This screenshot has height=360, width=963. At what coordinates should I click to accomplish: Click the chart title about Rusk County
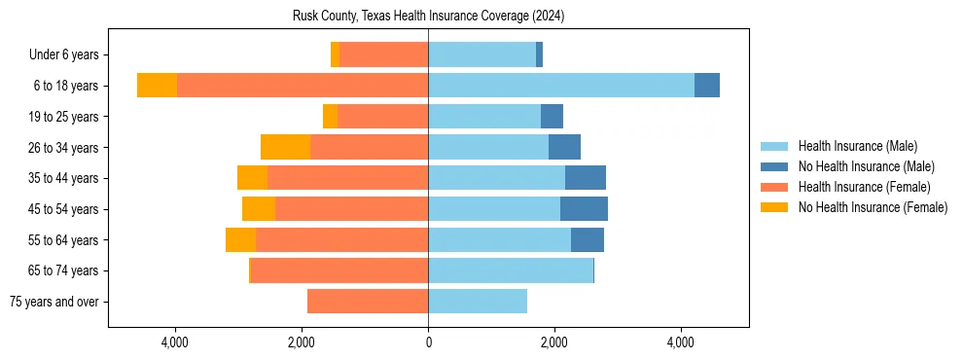tap(428, 17)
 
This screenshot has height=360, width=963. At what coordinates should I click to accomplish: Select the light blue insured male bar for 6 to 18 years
tap(561, 86)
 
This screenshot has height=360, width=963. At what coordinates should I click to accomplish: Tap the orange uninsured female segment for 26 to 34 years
tap(285, 147)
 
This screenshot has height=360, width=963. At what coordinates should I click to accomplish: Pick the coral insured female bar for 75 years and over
tap(368, 302)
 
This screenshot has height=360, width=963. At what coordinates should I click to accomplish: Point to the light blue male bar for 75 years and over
tap(478, 302)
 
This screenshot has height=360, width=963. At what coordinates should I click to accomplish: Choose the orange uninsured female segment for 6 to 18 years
tap(157, 86)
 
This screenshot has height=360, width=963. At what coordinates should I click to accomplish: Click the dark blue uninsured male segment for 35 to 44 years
tap(586, 178)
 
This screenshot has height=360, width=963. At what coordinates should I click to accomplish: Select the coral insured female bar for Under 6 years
tap(384, 54)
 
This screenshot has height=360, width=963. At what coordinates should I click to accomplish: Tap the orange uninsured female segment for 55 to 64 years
tap(240, 240)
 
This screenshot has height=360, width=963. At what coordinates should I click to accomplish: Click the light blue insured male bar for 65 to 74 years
tap(511, 270)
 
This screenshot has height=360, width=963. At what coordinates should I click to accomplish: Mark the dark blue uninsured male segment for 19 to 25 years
tap(552, 117)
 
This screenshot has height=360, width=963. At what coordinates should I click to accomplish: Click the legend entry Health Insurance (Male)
tap(857, 146)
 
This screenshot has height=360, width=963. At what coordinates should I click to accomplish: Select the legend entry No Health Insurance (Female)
tap(873, 207)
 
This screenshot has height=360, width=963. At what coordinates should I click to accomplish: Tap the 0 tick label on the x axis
tap(428, 342)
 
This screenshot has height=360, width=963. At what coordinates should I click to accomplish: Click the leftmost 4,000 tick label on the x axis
tap(175, 342)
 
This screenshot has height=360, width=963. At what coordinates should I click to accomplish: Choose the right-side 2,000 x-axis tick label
tap(554, 342)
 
